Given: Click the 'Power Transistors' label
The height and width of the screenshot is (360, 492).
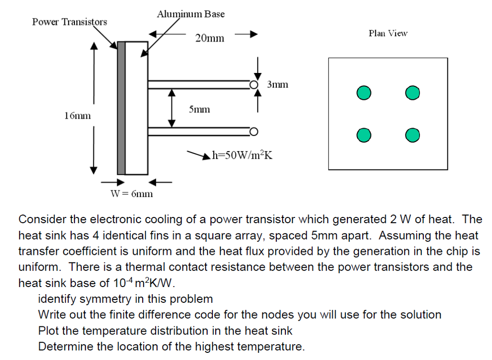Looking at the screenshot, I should [x=70, y=22].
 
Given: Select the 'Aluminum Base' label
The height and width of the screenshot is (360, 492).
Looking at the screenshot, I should [x=190, y=14].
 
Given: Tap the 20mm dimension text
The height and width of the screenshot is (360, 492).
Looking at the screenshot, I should [x=209, y=38].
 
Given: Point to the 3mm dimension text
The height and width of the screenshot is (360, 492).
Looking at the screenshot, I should [x=278, y=84].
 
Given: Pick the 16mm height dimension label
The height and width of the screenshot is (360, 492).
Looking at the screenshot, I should [x=77, y=116].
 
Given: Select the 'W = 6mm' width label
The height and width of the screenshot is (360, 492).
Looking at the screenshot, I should [x=131, y=194].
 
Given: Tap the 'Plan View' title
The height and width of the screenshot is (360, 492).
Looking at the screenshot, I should [x=388, y=33].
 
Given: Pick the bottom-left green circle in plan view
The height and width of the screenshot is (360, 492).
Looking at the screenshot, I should [x=364, y=136].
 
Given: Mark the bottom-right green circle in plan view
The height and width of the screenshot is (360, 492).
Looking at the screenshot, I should [x=412, y=136].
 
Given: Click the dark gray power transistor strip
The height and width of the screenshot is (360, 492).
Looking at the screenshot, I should [x=121, y=108].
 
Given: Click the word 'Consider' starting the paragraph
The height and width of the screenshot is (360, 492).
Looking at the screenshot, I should [x=42, y=220].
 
